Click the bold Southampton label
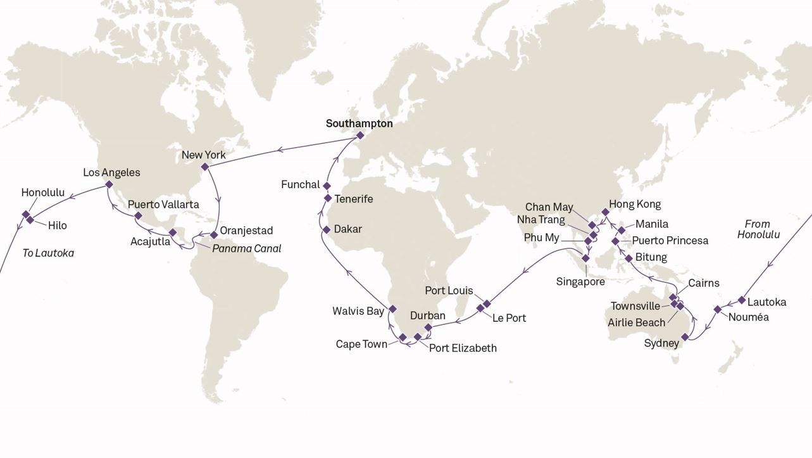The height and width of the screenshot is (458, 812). tap(359, 124)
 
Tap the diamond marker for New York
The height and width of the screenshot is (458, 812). tap(204, 167)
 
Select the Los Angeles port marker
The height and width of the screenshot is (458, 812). tap(109, 184)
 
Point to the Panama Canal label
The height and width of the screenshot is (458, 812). tap(246, 248)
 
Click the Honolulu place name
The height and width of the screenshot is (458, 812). tap(43, 193)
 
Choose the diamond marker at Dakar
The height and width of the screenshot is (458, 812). tap(327, 229)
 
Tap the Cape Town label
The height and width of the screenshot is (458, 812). tap(361, 344)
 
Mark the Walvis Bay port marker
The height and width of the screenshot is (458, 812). tap(392, 309)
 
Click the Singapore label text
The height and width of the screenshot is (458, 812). tap(580, 281)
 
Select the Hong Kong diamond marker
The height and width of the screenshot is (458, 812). tap(605, 212)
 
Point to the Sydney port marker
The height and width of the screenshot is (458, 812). tap(685, 337)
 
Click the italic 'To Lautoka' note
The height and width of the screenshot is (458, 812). tap(48, 253)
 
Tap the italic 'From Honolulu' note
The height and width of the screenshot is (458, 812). tap(758, 229)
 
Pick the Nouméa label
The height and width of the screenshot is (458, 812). tap(748, 317)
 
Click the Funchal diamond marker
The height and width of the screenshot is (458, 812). tap(327, 186)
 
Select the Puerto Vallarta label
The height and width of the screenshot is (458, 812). tap(163, 205)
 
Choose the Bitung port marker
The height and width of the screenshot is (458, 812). tap(628, 258)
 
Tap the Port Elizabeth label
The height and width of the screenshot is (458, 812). tap(463, 348)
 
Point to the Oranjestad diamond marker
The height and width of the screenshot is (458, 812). tap(214, 235)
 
